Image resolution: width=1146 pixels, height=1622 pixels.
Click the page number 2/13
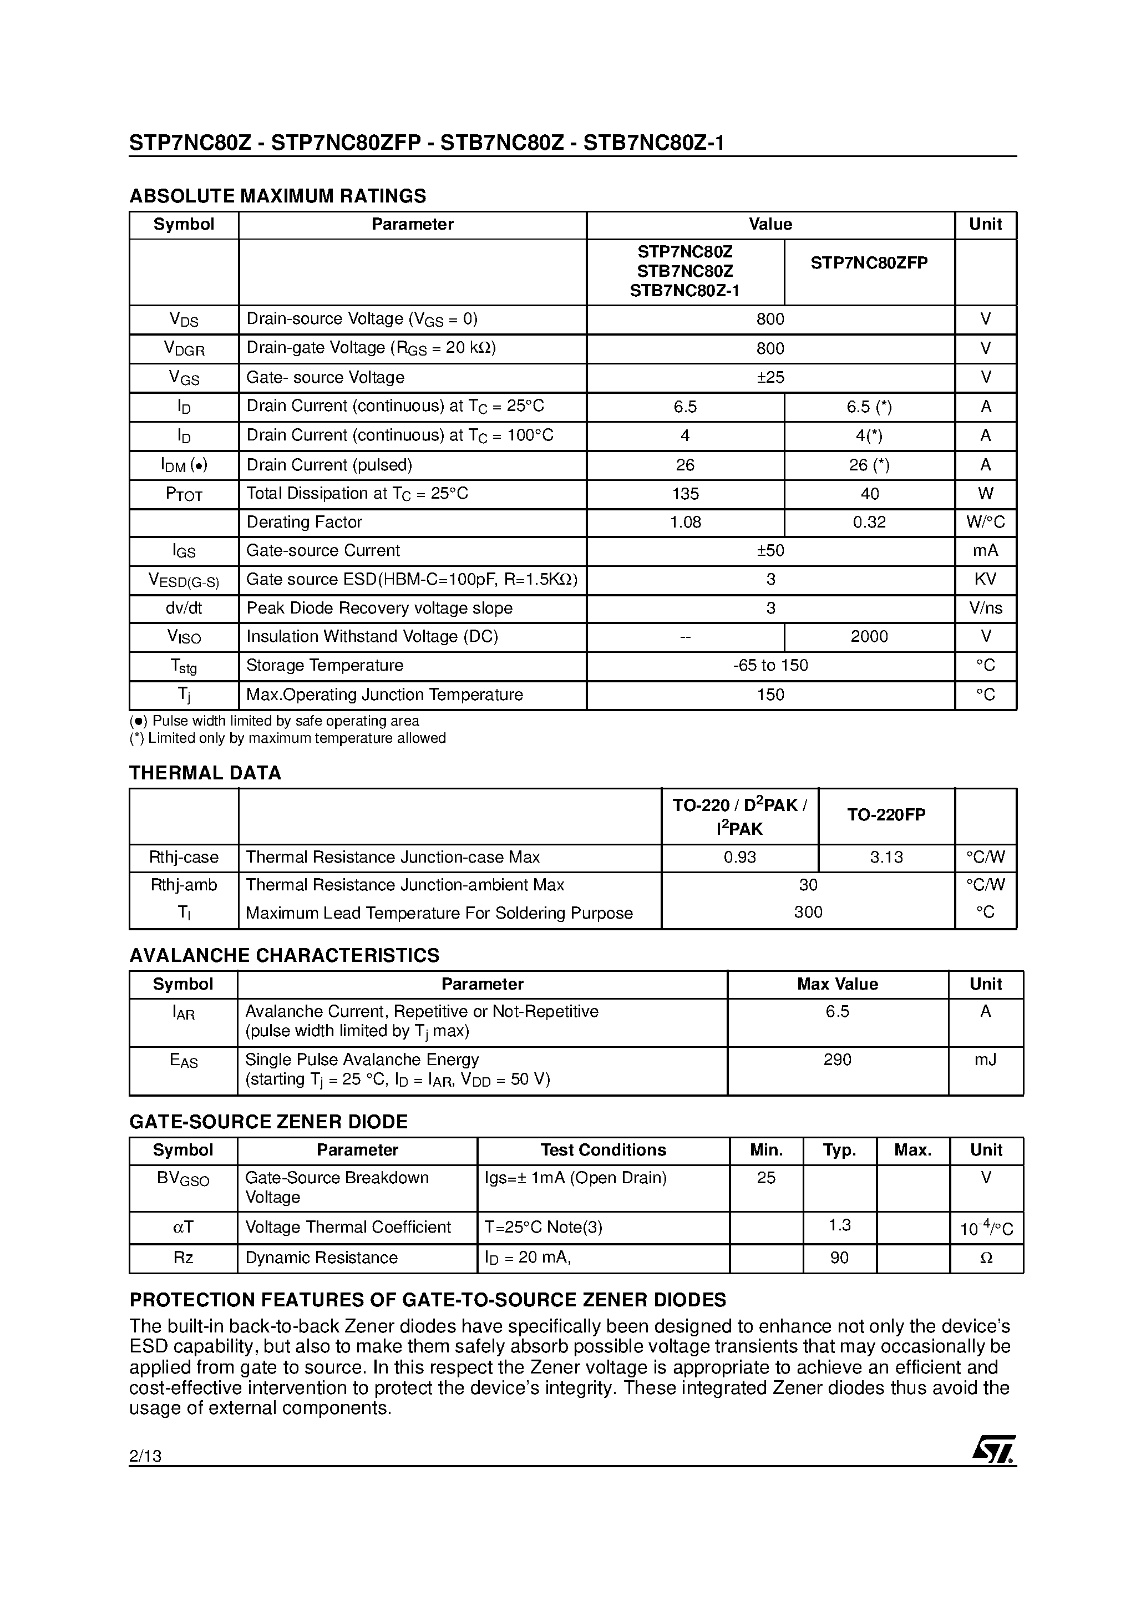click(145, 1456)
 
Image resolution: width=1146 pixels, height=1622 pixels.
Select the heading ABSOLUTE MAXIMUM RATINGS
click(278, 196)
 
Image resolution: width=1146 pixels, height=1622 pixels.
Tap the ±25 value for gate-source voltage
click(770, 377)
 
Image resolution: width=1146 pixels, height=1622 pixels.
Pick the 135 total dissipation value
click(684, 494)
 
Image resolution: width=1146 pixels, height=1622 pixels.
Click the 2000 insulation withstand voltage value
click(869, 636)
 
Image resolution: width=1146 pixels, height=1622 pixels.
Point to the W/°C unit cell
click(985, 523)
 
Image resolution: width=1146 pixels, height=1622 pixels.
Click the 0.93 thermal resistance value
click(740, 858)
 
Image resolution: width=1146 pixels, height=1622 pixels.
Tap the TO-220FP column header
click(886, 814)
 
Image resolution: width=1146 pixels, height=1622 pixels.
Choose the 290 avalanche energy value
click(837, 1060)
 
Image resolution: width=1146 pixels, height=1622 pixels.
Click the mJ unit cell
click(985, 1060)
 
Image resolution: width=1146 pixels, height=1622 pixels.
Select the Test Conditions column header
click(602, 1150)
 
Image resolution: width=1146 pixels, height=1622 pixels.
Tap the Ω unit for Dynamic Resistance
click(986, 1258)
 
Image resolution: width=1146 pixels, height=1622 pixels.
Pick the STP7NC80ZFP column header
click(869, 263)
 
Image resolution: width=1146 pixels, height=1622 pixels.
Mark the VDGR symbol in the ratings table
click(184, 348)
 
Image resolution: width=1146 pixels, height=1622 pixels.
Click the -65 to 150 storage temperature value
click(770, 666)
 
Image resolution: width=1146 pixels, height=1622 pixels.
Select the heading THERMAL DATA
click(205, 773)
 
